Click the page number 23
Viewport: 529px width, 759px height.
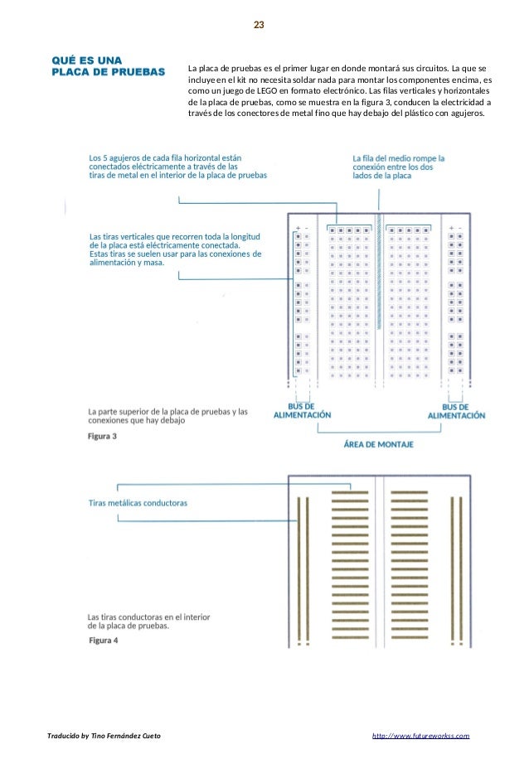259,26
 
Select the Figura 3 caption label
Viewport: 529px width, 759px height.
103,437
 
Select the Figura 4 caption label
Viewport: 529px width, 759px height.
103,640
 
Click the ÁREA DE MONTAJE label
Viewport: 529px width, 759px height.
379,444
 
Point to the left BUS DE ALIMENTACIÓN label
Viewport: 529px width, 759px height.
302,411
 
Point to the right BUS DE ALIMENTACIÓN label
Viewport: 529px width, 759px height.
456,411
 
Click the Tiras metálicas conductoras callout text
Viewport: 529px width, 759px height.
138,503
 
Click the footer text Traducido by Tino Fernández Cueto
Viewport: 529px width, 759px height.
104,736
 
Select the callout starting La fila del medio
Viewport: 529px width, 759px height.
399,167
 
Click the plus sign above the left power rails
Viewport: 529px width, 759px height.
298,227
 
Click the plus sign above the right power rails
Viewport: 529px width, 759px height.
451,227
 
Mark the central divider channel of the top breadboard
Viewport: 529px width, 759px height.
380,298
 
